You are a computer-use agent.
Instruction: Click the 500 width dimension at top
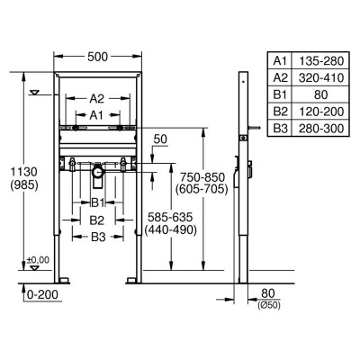tap(97, 57)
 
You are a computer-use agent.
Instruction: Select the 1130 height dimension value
tap(24, 172)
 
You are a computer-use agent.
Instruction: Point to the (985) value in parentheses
tap(24, 185)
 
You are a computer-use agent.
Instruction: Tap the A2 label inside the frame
tap(97, 98)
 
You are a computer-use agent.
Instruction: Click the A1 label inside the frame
tap(96, 115)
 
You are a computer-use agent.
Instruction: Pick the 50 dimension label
tap(160, 139)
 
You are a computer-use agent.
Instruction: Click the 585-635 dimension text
tap(170, 217)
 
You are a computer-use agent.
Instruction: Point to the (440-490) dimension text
tap(171, 230)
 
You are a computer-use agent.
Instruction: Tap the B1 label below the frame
tap(97, 203)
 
